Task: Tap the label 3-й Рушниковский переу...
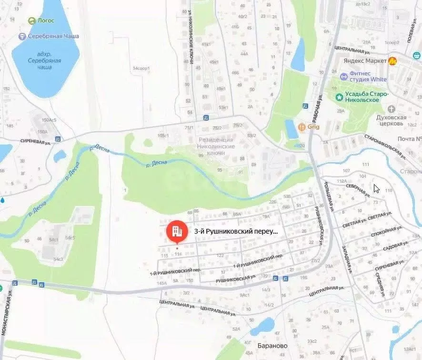pos(236,231)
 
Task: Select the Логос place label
pos(46,21)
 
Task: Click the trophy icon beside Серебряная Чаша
pos(22,36)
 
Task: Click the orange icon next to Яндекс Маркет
pos(393,61)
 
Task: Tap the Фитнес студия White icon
pos(344,76)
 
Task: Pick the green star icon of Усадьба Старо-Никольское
pos(339,97)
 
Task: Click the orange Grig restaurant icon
pos(301,127)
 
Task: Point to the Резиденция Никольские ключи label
pos(216,143)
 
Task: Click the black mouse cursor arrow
pos(376,188)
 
